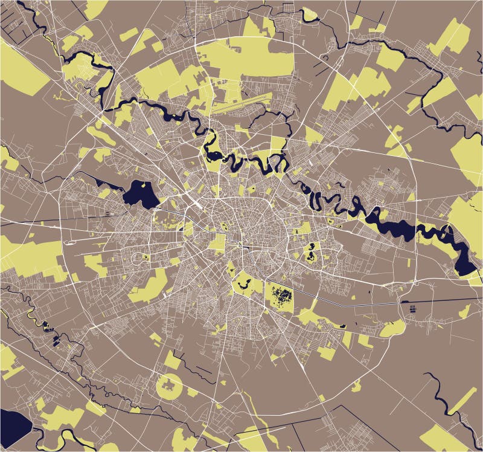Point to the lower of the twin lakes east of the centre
pyautogui.click(x=312, y=257)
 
